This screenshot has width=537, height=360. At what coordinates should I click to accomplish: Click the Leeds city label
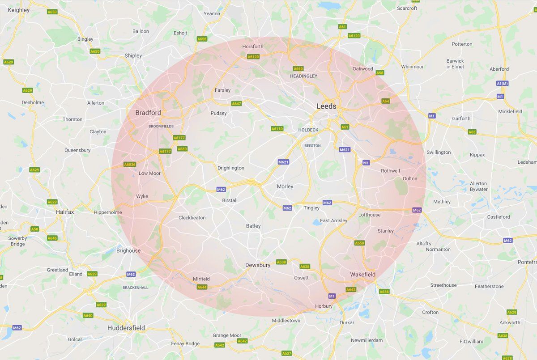pos(326,106)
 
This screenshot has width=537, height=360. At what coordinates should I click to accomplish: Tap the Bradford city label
pos(148,113)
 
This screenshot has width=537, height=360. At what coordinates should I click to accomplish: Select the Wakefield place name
pos(363,274)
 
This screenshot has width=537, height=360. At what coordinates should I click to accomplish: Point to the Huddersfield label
pos(126,328)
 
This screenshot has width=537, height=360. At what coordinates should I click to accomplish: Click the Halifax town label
pos(65,212)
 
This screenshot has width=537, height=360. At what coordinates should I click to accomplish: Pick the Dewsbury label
pos(258,265)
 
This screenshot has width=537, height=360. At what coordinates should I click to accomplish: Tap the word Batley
pos(253,226)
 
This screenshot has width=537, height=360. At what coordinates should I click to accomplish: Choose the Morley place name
pos(285,186)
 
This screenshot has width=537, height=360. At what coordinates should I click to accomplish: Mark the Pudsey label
pos(219,113)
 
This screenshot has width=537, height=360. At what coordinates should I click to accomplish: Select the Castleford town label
pos(499,217)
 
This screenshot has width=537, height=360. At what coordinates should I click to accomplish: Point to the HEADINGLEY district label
pos(303,76)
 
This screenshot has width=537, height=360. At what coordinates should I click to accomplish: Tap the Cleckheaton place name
pos(192,218)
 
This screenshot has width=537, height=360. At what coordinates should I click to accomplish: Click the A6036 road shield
pos(130,165)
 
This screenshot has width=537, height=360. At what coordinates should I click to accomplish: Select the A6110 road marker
pos(277,129)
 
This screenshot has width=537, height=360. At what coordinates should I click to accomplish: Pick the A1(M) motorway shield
pos(503,84)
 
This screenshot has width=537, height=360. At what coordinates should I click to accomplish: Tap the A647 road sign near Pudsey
pos(236,104)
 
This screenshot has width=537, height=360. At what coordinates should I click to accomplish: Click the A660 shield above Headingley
pos(298,68)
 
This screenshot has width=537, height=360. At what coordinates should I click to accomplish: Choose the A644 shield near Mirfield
pos(202,287)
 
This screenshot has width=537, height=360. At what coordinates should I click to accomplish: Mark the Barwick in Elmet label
pos(455,64)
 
